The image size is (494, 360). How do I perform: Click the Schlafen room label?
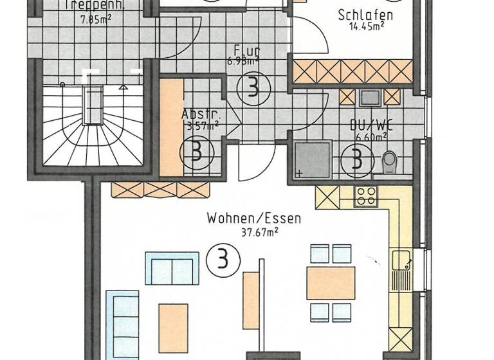coord(365,15)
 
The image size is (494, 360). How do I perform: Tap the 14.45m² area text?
coord(367,27)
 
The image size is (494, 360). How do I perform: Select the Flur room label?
coord(247,50)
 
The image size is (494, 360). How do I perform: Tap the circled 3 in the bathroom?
coord(354,159)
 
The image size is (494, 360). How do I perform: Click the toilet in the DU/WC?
coord(389,161)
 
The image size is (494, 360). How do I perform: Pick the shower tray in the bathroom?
coord(311,159)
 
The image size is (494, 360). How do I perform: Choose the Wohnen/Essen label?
coord(253,219)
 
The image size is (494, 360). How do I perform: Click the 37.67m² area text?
coord(253,231)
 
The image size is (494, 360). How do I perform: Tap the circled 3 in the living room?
coord(223,261)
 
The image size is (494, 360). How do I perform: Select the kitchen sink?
coord(400,262)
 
